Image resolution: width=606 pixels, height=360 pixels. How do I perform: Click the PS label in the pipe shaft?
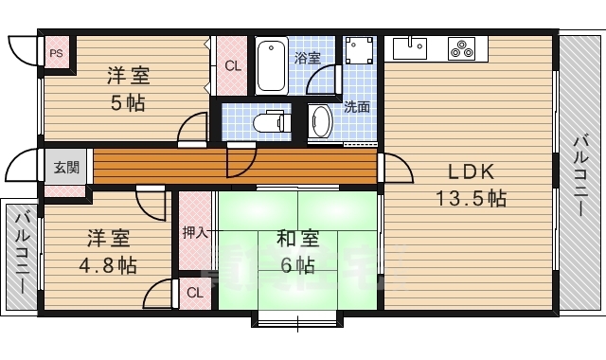pos(57,53)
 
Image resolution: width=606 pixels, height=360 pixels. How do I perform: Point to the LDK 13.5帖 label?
pos(471,186)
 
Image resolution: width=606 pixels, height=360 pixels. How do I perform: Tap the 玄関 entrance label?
pos(66,169)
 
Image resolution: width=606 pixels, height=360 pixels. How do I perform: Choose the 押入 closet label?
pos(195,231)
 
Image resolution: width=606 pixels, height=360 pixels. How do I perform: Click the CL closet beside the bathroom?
pos(232,65)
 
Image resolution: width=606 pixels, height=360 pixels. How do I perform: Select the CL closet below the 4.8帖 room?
pos(194,293)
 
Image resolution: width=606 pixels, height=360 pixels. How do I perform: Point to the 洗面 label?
pos(356,107)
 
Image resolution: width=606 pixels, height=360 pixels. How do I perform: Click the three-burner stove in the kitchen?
pos(461,46)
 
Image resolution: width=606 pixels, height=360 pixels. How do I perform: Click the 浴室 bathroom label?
pos(306,59)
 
